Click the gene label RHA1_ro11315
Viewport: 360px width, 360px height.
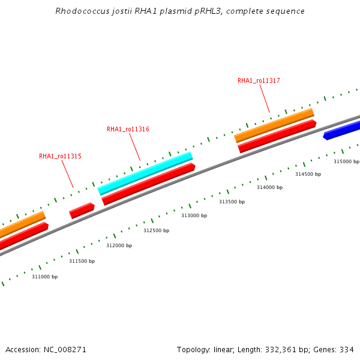(x=60, y=156)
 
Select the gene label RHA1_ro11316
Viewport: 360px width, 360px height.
(x=128, y=129)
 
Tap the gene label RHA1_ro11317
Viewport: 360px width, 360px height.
(x=259, y=80)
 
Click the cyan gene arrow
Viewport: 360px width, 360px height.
(x=145, y=173)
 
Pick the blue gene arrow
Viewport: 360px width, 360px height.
(x=342, y=130)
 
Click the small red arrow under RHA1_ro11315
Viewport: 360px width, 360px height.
(x=82, y=211)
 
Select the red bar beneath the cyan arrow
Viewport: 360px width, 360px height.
(x=149, y=184)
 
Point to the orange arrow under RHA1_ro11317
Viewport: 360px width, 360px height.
(x=274, y=125)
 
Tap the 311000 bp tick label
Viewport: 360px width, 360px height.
(x=44, y=277)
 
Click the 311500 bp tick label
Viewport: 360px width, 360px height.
(x=82, y=261)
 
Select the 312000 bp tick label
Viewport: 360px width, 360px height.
(x=119, y=245)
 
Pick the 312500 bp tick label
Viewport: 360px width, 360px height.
(x=156, y=230)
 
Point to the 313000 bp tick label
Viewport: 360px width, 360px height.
(x=194, y=215)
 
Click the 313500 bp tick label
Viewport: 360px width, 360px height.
(x=232, y=202)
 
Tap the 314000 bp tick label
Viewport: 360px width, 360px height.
(x=269, y=187)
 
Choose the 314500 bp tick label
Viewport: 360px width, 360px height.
(x=308, y=174)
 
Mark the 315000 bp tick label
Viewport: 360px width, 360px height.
(x=346, y=161)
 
